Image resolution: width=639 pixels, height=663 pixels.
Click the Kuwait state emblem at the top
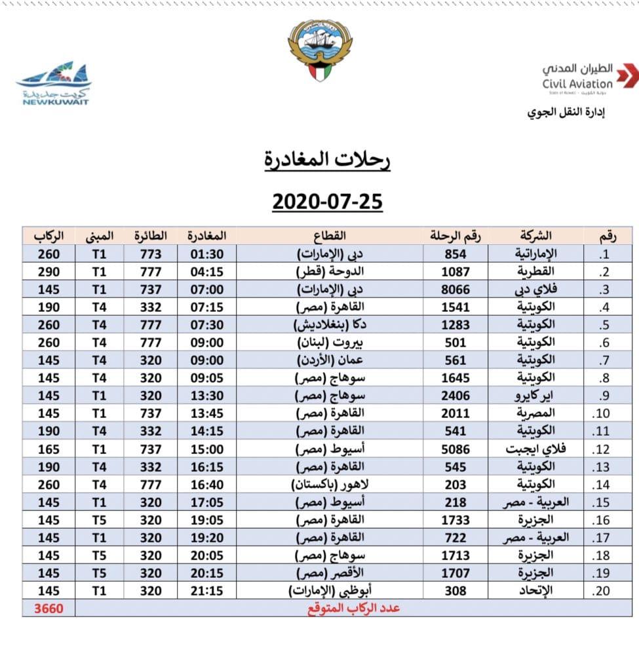(320, 49)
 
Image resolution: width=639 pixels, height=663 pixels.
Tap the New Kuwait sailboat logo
(54, 83)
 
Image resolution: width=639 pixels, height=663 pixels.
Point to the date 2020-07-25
(327, 201)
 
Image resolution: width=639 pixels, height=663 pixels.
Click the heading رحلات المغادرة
(327, 159)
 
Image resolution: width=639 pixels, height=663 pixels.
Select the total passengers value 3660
(48, 608)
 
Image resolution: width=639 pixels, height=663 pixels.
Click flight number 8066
(455, 290)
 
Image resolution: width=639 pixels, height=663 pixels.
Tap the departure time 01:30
(206, 254)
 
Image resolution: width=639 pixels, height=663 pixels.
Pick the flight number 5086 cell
(455, 449)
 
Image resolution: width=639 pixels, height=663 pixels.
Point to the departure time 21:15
(206, 591)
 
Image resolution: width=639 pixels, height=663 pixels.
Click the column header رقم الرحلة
(455, 236)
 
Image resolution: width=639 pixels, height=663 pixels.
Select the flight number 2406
(455, 396)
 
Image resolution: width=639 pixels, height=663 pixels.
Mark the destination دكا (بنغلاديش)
(328, 325)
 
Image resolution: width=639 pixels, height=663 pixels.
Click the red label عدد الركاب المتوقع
(355, 608)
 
